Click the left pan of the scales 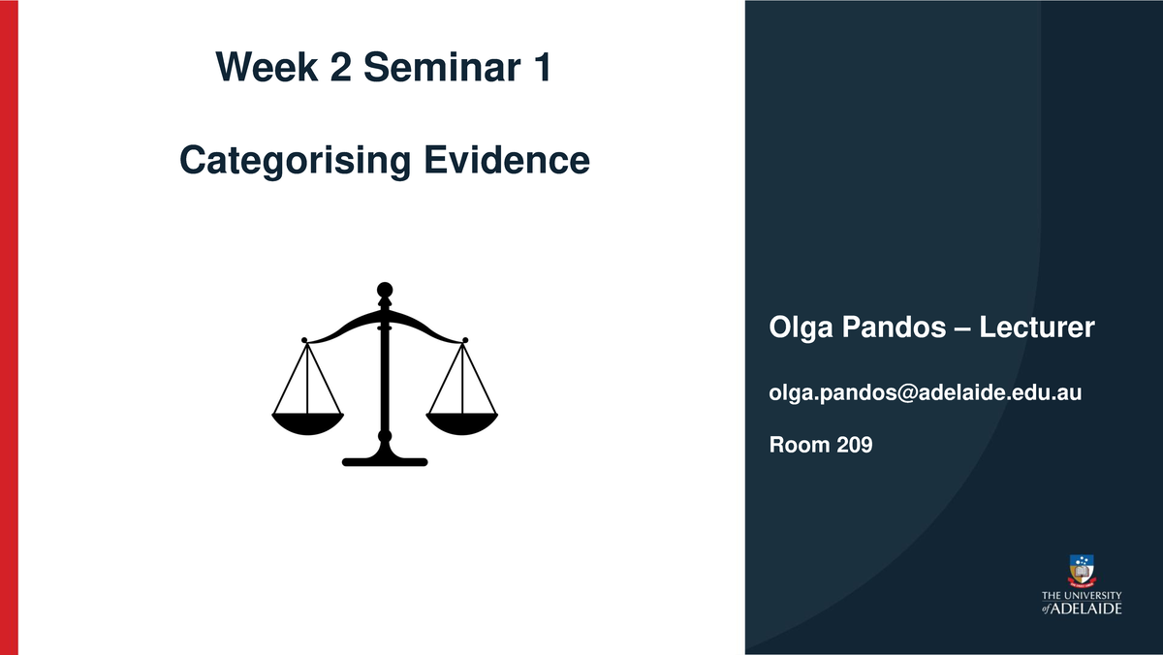(307, 421)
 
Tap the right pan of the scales (462, 421)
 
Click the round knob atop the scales (385, 289)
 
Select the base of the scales (385, 459)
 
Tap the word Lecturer (1036, 328)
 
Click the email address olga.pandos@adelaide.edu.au (925, 392)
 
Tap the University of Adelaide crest (1082, 569)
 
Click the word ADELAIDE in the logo (1087, 608)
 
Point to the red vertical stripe (9, 327)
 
